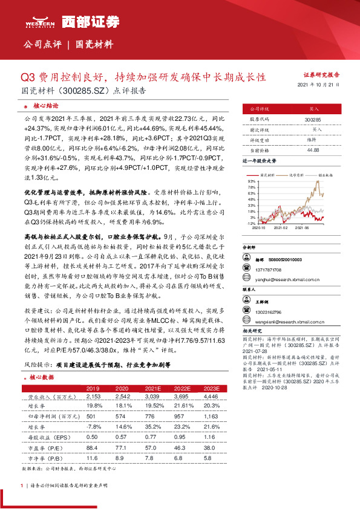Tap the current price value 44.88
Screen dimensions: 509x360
coord(313,151)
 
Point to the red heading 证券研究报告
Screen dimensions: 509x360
coord(321,74)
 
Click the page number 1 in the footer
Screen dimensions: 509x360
coord(21,502)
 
